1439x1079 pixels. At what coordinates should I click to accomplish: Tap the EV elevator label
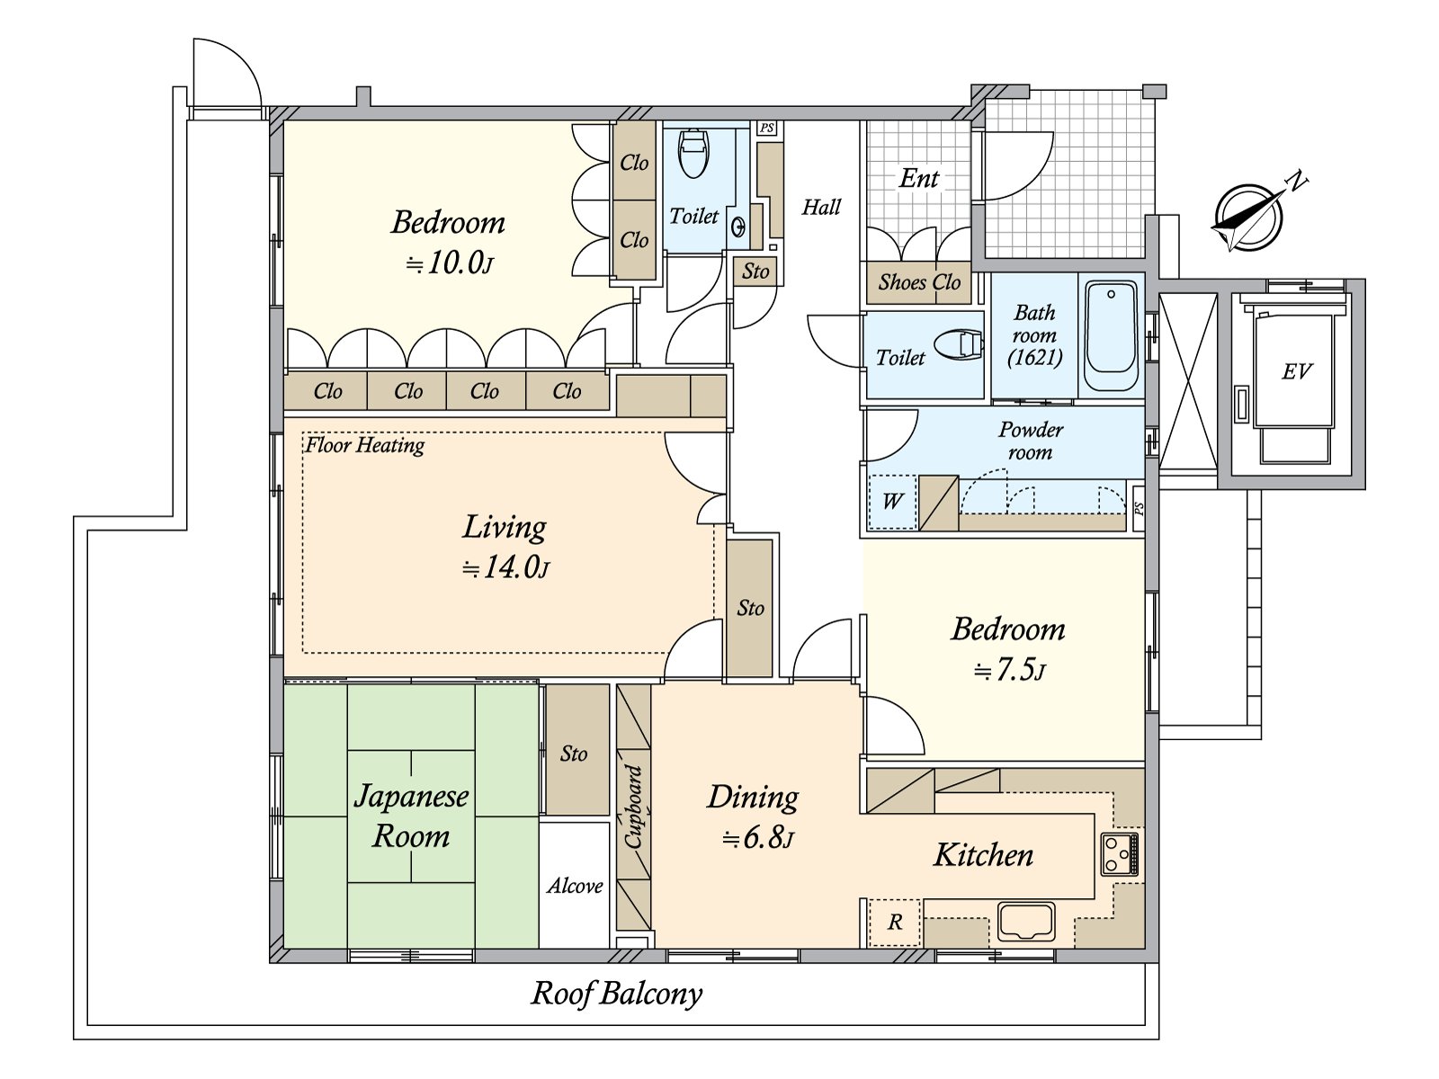coord(1296,371)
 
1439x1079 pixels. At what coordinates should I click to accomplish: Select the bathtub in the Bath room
coord(1111,335)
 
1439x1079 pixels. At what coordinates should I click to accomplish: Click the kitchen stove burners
coord(1120,853)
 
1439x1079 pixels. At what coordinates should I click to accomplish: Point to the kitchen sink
coord(1026,922)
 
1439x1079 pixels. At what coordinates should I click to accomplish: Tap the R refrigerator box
coord(895,923)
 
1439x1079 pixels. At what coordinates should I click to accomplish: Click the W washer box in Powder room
coord(891,502)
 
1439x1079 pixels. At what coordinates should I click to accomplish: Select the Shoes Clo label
coord(919,282)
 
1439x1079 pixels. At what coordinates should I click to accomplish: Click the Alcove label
coord(575,887)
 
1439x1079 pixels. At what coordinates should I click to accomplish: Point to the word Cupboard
coord(633,807)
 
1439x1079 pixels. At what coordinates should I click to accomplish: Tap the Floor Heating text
coord(364,446)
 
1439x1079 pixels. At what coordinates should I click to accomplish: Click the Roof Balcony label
coord(616,994)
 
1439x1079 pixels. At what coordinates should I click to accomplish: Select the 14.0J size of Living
coord(505,567)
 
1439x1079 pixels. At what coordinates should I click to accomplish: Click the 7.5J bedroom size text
coord(1010,670)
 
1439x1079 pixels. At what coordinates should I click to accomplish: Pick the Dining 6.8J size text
coord(758,839)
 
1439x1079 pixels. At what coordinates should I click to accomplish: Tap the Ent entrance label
coord(919,178)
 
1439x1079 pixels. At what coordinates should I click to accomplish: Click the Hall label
coord(821,208)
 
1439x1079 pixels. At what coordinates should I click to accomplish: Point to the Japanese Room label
coord(411,816)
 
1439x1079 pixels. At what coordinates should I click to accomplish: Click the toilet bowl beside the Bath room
coord(958,344)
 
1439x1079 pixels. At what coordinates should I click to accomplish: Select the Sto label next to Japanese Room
coord(574,754)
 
